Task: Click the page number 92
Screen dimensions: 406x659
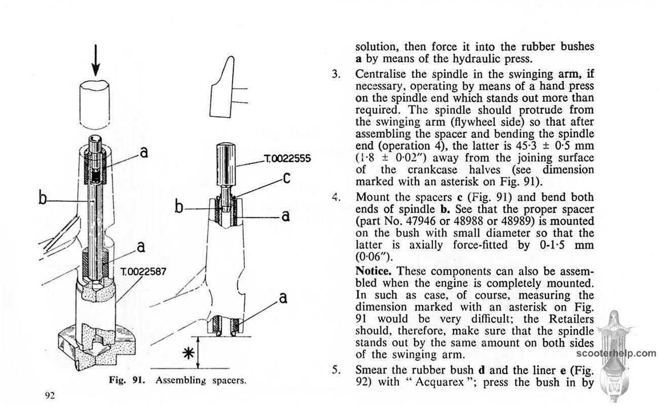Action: (49, 395)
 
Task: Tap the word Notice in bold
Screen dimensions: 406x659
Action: (372, 269)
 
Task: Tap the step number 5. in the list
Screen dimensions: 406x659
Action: (336, 369)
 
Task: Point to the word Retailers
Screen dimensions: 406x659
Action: (569, 319)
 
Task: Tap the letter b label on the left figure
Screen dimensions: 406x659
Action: (43, 196)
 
